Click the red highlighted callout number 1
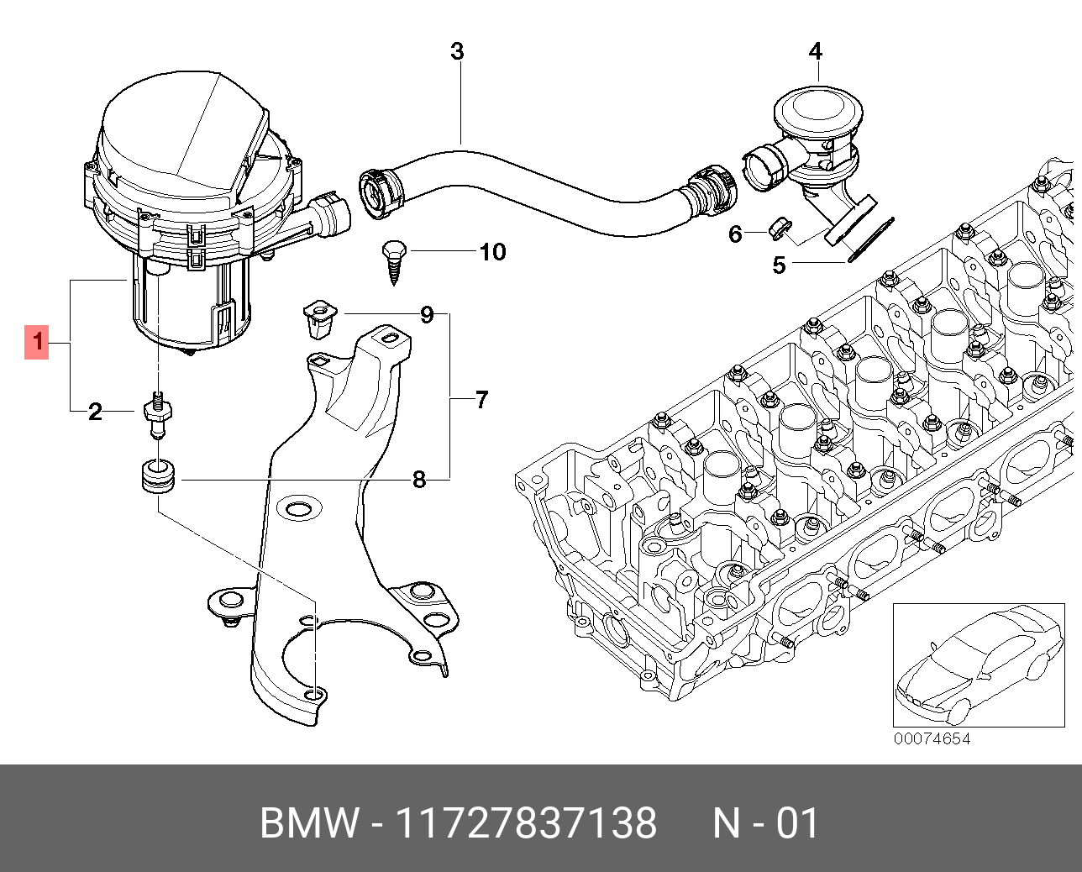(x=37, y=342)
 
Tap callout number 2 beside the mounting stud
(x=95, y=412)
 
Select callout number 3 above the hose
(x=456, y=51)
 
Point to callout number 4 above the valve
(x=815, y=51)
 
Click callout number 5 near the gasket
(x=779, y=265)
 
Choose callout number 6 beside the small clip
(x=735, y=234)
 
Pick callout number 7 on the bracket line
(x=481, y=399)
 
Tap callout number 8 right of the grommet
(x=418, y=480)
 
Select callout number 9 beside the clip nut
(x=427, y=315)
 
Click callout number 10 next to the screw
(x=492, y=252)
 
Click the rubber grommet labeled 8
(x=157, y=478)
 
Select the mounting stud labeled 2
(x=157, y=414)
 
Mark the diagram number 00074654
(x=932, y=739)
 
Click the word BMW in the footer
(x=308, y=823)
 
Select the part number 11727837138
(x=526, y=823)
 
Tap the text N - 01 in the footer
(x=765, y=823)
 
